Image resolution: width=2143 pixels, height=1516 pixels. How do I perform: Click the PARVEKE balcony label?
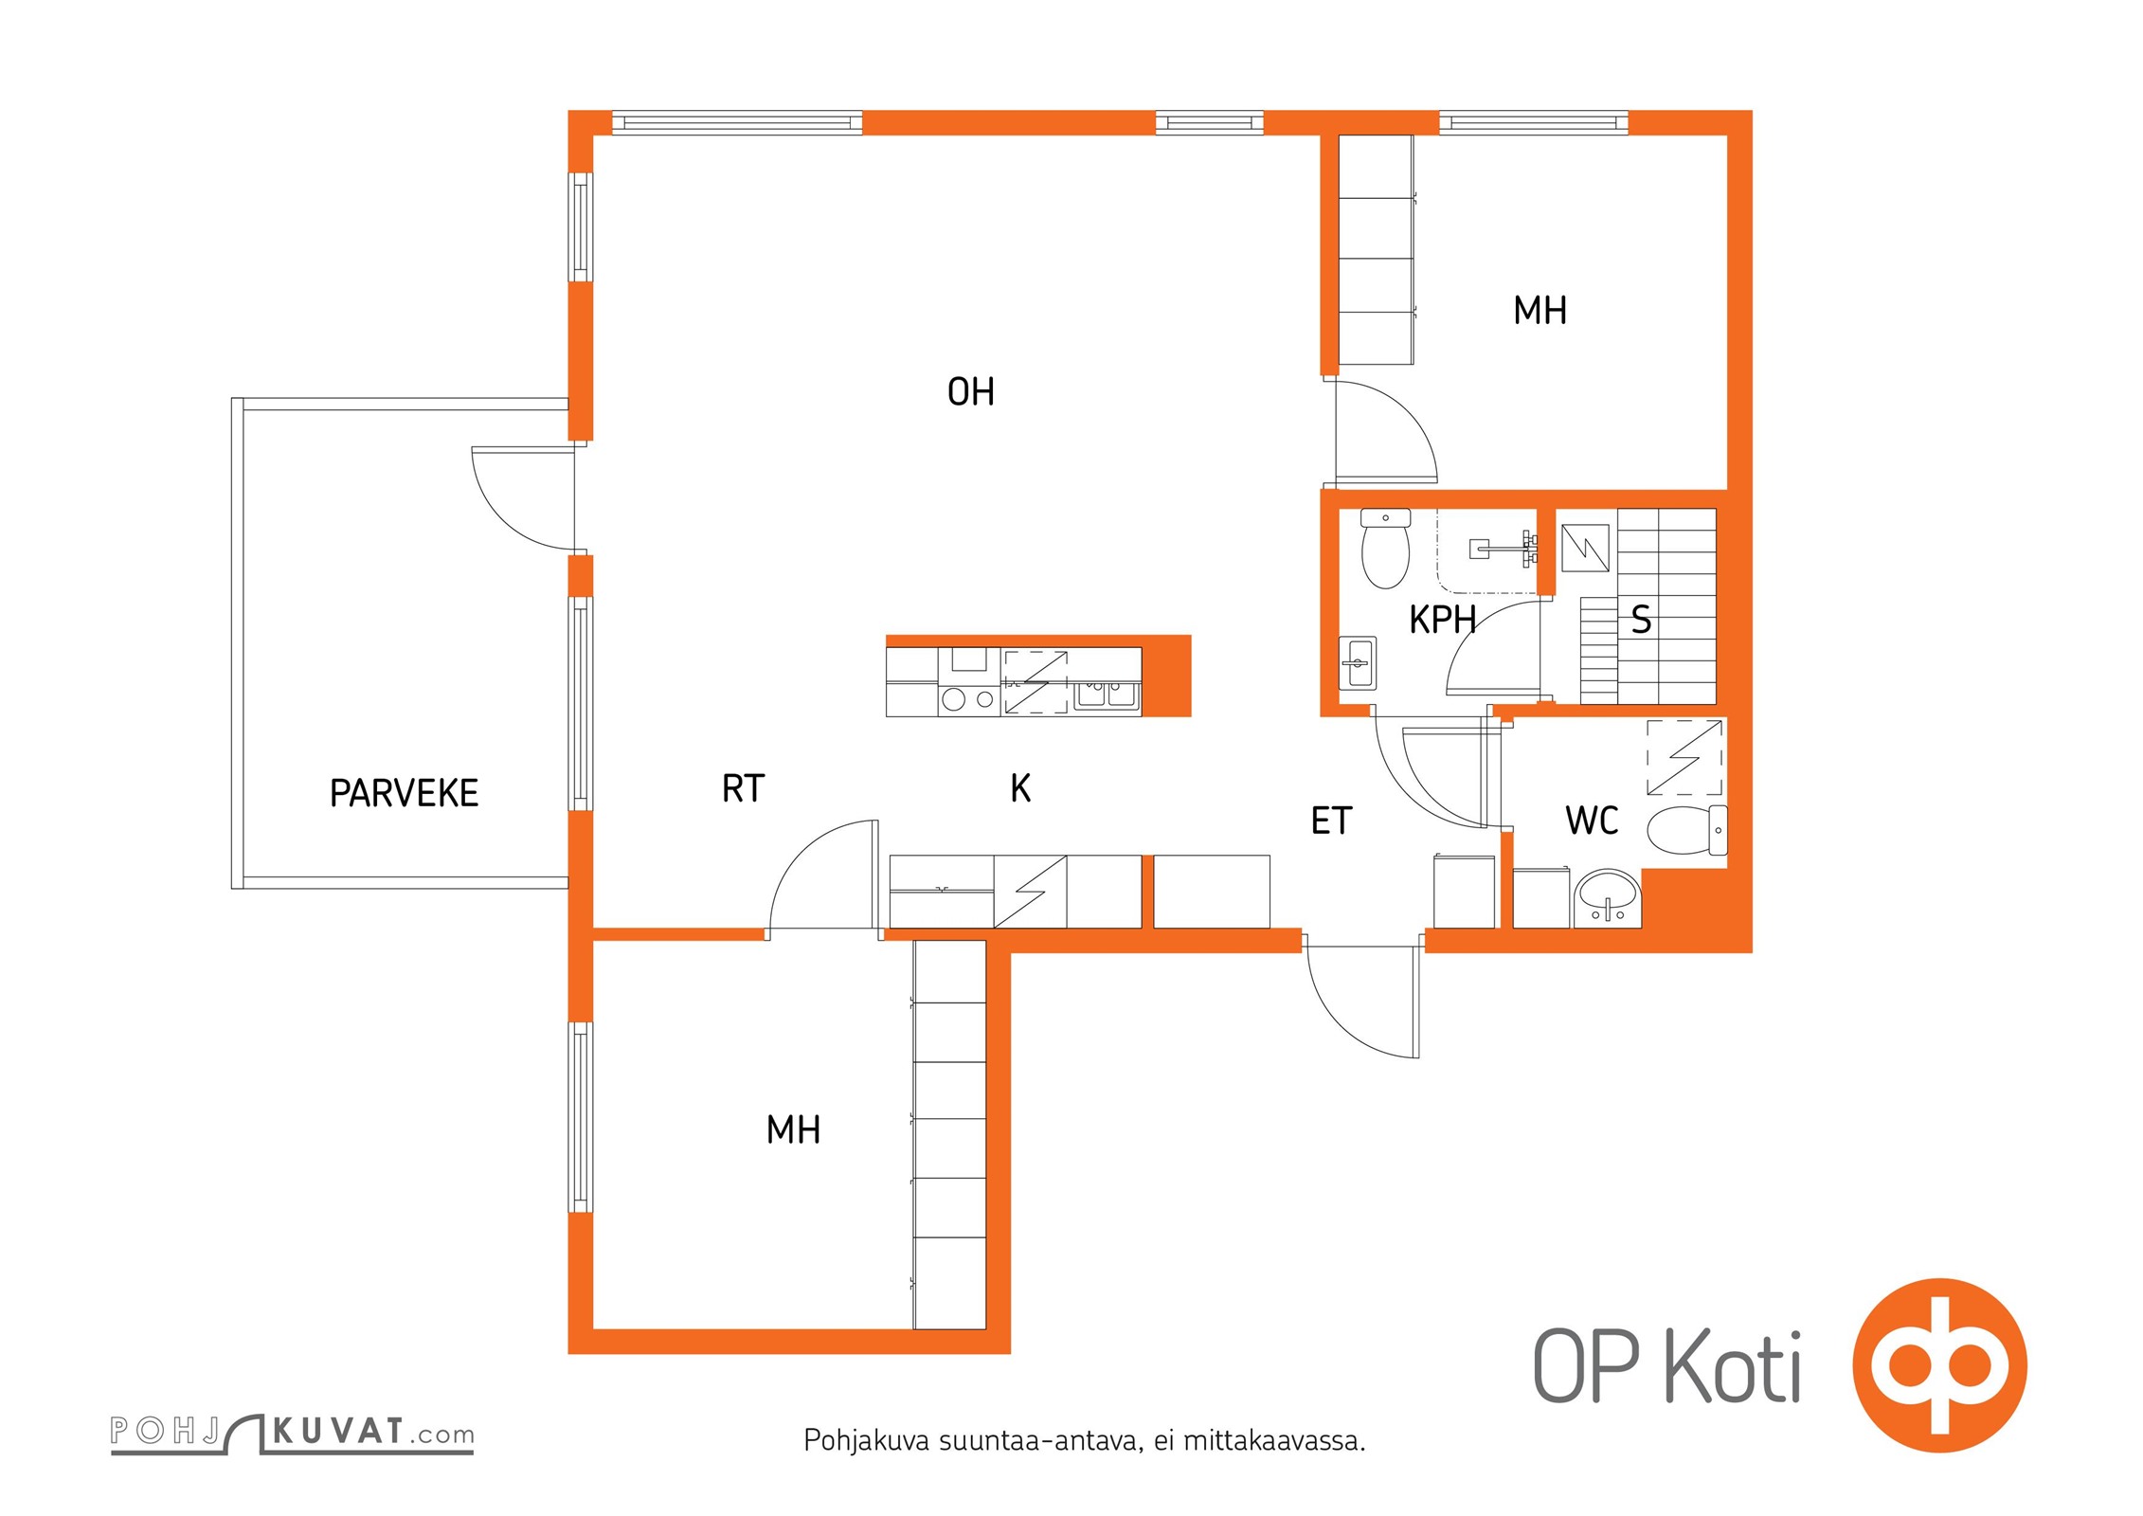click(404, 793)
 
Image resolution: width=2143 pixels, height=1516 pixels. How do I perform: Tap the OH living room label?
click(971, 391)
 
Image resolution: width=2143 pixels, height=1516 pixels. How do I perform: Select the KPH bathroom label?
click(1442, 619)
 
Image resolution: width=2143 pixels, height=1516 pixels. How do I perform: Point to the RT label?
click(743, 787)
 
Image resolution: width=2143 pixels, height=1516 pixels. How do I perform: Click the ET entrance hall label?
click(1331, 821)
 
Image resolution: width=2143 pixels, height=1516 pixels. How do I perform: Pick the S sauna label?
click(1642, 620)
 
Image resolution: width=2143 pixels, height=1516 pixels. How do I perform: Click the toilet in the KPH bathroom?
click(1385, 549)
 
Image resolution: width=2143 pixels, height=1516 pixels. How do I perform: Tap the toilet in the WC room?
click(1687, 829)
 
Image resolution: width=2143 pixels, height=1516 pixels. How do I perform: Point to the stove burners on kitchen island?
click(969, 699)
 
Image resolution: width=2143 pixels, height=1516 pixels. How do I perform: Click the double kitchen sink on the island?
click(1107, 695)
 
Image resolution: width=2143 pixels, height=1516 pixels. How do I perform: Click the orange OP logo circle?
click(1939, 1365)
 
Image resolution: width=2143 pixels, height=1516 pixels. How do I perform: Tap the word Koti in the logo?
click(1733, 1366)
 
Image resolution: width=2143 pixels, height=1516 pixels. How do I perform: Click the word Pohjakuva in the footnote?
click(867, 1441)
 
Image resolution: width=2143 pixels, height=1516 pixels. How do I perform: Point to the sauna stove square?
click(1585, 548)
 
